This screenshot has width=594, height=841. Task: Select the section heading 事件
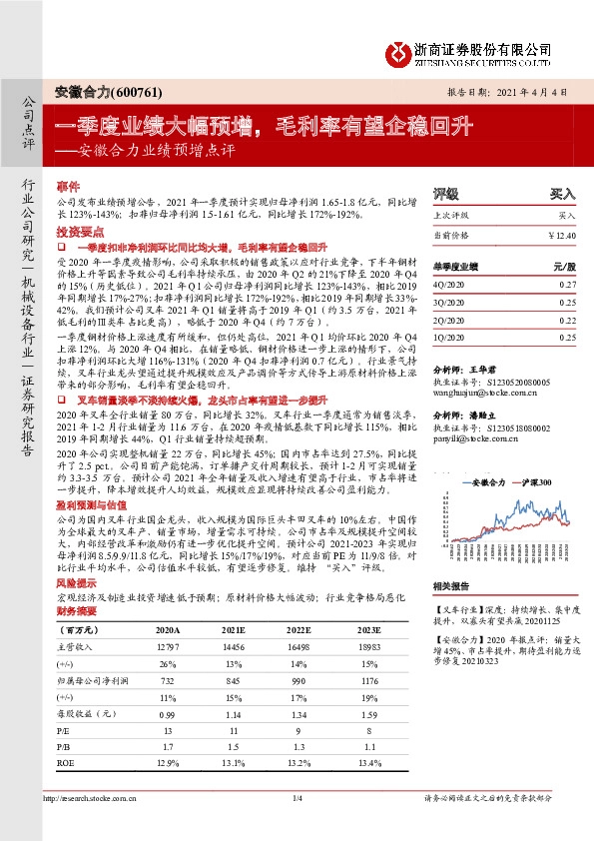coord(67,187)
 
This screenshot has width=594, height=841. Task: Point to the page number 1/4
coord(297,797)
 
